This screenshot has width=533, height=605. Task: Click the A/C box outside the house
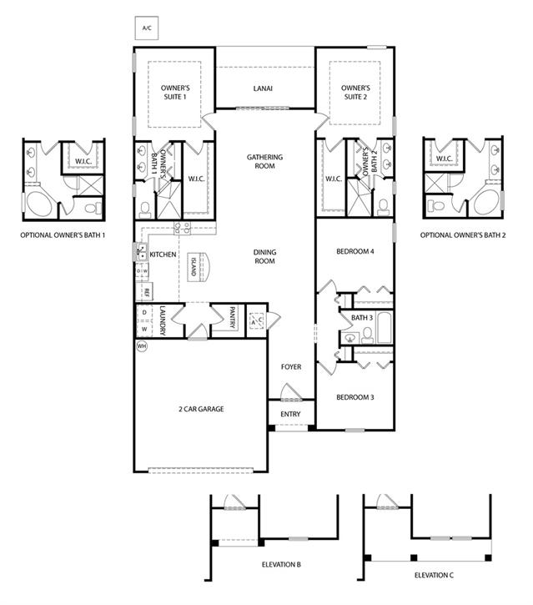[x=147, y=28]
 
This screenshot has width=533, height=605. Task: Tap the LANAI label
[x=263, y=88]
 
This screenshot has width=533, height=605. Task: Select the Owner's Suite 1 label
[x=175, y=93]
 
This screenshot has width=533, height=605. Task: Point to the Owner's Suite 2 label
[x=355, y=93]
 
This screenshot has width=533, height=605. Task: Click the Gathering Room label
[x=264, y=161]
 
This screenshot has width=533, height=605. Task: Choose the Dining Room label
[x=264, y=256]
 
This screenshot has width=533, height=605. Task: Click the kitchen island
[x=199, y=266]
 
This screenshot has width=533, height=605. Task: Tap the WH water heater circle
[x=142, y=346]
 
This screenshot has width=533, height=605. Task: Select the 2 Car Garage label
[x=201, y=409]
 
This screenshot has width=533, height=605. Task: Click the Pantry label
[x=232, y=317]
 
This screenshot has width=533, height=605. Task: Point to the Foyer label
[x=291, y=367]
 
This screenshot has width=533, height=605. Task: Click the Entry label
[x=290, y=414]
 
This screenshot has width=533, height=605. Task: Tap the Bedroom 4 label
[x=355, y=251]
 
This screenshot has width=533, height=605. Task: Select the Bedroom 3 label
[x=355, y=397]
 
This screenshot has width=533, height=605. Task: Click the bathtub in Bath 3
[x=385, y=328]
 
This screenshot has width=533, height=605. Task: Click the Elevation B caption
[x=281, y=564]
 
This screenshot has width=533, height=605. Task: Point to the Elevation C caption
[x=434, y=575]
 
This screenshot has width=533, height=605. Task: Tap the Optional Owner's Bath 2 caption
[x=463, y=235]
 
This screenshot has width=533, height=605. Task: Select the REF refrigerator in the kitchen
[x=144, y=292]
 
